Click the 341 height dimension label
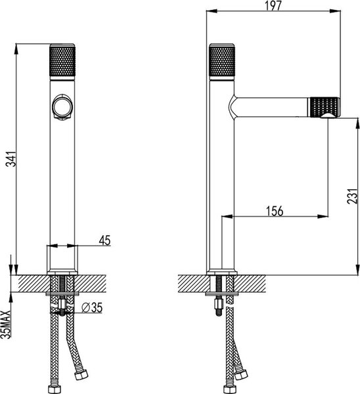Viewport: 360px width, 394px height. pos(11,159)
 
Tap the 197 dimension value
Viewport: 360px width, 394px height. pos(273,5)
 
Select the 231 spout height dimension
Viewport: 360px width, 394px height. pos(352,196)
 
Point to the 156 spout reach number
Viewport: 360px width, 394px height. pos(275,211)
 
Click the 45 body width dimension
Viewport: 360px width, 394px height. pos(104,240)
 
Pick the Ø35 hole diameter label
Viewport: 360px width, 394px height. pos(92,307)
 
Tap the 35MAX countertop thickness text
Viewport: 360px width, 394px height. pos(6,324)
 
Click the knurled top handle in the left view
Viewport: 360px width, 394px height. pos(62,60)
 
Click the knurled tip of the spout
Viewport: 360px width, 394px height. pos(325,107)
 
